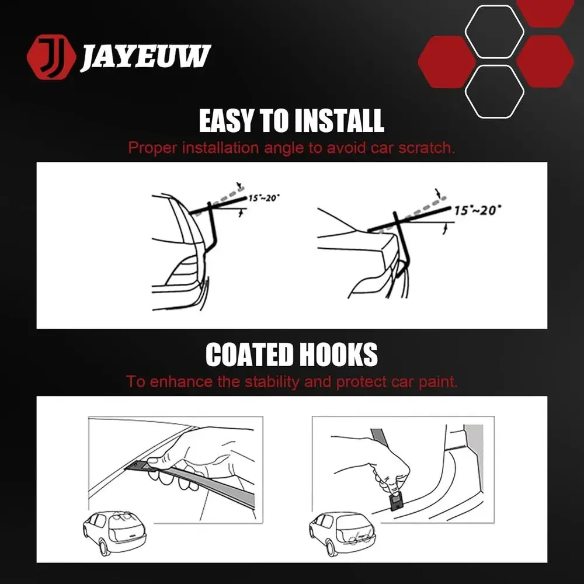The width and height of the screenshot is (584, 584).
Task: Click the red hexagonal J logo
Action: (51, 57)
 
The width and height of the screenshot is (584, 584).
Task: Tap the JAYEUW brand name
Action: (145, 57)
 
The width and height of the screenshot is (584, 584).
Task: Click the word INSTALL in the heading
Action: (339, 121)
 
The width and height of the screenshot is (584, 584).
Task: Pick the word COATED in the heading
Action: (249, 354)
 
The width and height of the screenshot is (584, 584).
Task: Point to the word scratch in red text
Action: (426, 148)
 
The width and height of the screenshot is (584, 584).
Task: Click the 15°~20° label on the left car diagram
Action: (264, 197)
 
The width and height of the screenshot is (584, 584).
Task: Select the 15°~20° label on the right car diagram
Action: (477, 210)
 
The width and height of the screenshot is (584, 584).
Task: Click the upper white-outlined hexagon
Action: (494, 32)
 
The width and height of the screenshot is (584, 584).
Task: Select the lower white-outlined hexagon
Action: (494, 92)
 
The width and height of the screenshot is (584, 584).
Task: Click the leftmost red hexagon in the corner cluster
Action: (447, 62)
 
